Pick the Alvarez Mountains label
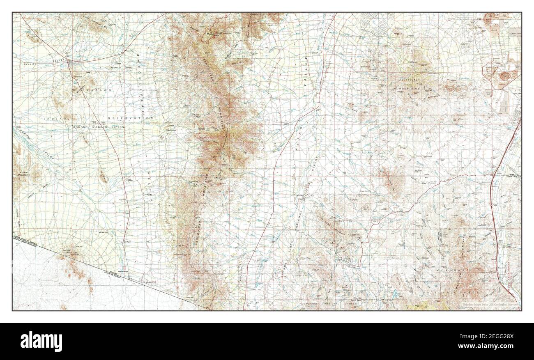coord(21,173)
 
